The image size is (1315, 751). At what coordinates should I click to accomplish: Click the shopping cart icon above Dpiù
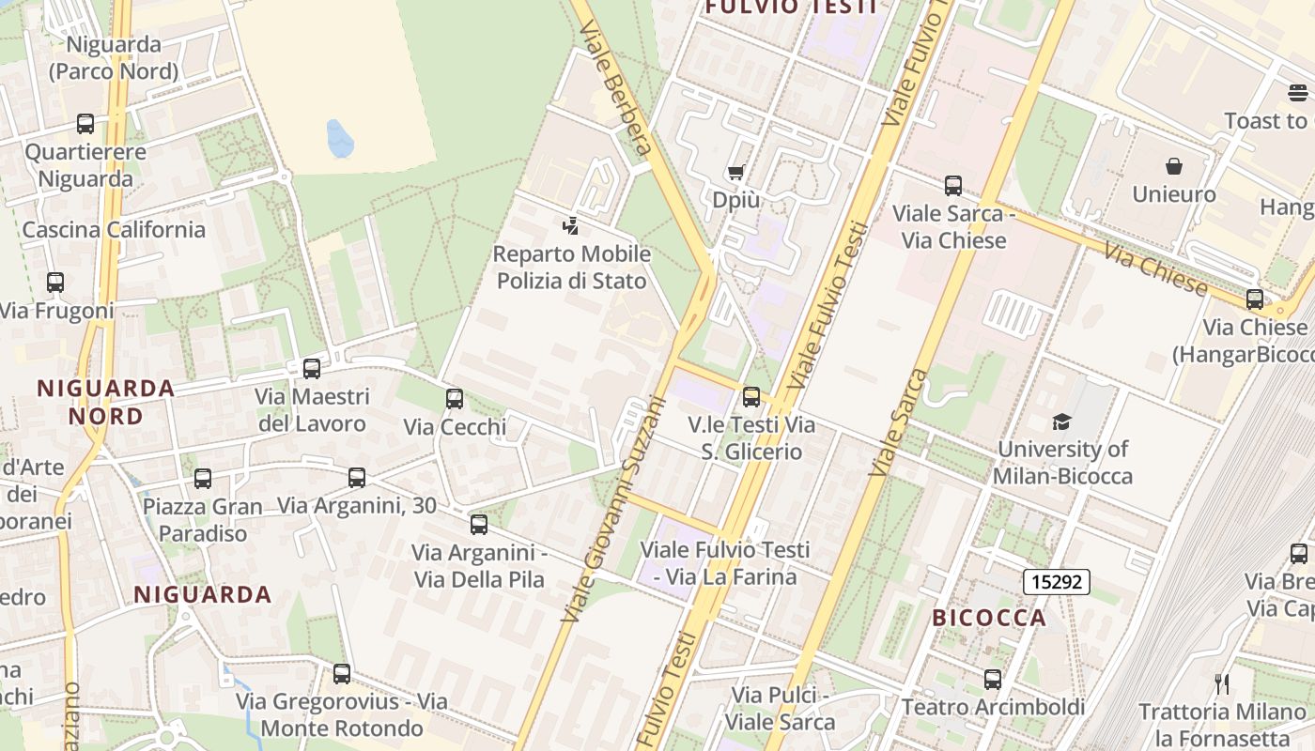(x=735, y=172)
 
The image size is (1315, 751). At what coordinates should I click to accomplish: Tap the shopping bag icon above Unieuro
(x=1173, y=167)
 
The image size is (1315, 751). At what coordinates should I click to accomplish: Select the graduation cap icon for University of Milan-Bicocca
(x=1061, y=421)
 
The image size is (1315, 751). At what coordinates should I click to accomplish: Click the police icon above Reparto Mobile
(x=570, y=225)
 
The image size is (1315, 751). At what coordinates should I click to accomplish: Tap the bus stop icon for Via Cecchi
(x=455, y=399)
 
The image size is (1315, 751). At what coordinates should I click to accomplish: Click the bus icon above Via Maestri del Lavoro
(x=312, y=369)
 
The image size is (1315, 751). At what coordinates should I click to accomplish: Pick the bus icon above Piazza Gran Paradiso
(x=203, y=479)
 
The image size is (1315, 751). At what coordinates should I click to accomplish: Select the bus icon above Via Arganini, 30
(x=357, y=478)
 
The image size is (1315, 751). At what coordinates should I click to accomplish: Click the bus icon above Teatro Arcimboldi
(x=993, y=680)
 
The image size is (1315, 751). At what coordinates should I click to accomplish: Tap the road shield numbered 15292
(x=1057, y=582)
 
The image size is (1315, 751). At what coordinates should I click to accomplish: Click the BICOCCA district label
(x=989, y=618)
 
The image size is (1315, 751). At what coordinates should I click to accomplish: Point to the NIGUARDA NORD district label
(x=105, y=402)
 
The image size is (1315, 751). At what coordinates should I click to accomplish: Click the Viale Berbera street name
(x=616, y=89)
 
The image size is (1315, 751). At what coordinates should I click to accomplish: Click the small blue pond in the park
(x=339, y=139)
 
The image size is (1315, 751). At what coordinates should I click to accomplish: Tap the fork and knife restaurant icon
(x=1221, y=683)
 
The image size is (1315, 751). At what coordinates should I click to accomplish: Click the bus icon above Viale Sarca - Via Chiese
(x=953, y=186)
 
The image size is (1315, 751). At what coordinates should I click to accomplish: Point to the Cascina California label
(x=114, y=230)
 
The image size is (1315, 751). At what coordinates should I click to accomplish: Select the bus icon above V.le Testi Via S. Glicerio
(x=750, y=397)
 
